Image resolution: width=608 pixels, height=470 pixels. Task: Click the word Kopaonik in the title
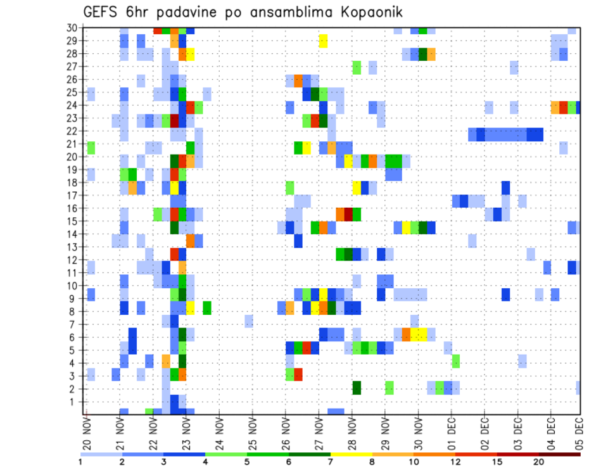pos(365,13)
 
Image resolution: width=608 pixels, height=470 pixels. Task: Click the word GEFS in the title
pos(102,12)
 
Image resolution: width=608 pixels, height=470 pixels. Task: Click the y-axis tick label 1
pos(74,402)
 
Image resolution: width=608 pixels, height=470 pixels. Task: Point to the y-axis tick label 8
pos(74,312)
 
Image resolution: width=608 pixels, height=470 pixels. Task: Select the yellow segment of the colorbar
pos(351,454)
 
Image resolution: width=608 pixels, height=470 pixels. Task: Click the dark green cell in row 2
pos(357,388)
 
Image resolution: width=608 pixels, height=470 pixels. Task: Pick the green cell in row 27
pos(357,67)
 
